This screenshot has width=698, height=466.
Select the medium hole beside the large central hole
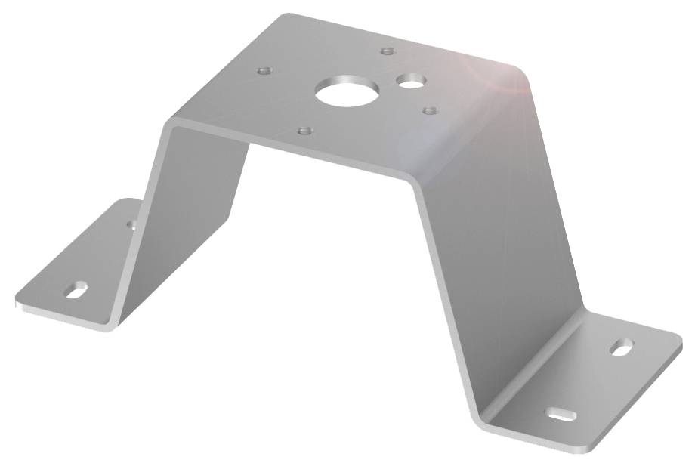[x=412, y=79]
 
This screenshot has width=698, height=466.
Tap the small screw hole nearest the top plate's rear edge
[x=388, y=51]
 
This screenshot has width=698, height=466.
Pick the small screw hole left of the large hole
[x=264, y=70]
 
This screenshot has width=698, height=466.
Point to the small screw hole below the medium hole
[x=430, y=111]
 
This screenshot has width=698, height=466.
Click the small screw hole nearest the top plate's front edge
[x=304, y=131]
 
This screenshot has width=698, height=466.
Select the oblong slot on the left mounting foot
[x=77, y=289]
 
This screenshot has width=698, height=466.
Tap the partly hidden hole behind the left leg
[x=131, y=224]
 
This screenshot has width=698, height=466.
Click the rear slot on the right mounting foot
[x=621, y=348]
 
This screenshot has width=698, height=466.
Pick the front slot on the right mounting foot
[x=562, y=414]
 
